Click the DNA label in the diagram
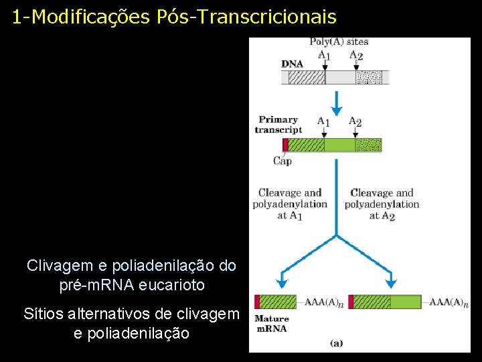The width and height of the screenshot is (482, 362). coord(292,64)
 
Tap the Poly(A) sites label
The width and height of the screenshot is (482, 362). coord(339,42)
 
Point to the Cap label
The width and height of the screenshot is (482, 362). coord(283,161)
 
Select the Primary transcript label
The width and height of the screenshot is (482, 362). coord(278,125)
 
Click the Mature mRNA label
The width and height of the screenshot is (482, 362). coord(271,324)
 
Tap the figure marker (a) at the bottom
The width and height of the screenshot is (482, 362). coord(337,343)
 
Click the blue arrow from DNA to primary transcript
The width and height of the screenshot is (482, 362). coord(337,101)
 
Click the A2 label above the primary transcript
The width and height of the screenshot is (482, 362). coord(355,122)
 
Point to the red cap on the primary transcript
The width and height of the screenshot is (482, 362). coord(285,145)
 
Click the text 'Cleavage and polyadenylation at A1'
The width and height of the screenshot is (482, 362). coord(289,204)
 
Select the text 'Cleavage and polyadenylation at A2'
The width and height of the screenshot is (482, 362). coord(382,204)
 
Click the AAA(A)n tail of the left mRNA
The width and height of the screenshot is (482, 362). coord(324,302)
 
